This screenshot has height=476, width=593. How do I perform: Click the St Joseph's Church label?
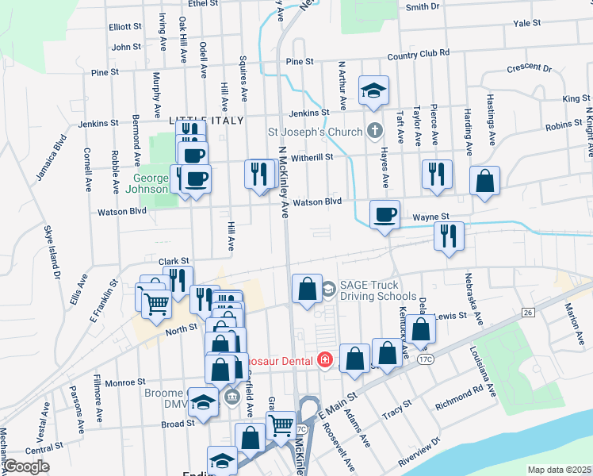pos(315,131)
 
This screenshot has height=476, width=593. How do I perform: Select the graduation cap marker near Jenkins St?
pos(373,92)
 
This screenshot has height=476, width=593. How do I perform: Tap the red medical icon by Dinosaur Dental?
pos(323,360)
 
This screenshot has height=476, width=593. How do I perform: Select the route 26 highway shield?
pos(527,313)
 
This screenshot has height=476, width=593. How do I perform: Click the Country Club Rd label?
pos(419,55)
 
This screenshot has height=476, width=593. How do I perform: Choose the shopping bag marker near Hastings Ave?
pos(484,182)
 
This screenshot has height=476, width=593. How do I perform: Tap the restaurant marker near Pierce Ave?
pos(437,175)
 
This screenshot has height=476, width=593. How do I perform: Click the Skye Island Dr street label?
pos(53,253)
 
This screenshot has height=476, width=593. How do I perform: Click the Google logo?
pos(26,466)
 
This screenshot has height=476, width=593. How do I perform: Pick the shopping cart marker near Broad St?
pos(281,427)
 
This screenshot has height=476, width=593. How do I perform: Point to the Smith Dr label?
pos(423,7)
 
